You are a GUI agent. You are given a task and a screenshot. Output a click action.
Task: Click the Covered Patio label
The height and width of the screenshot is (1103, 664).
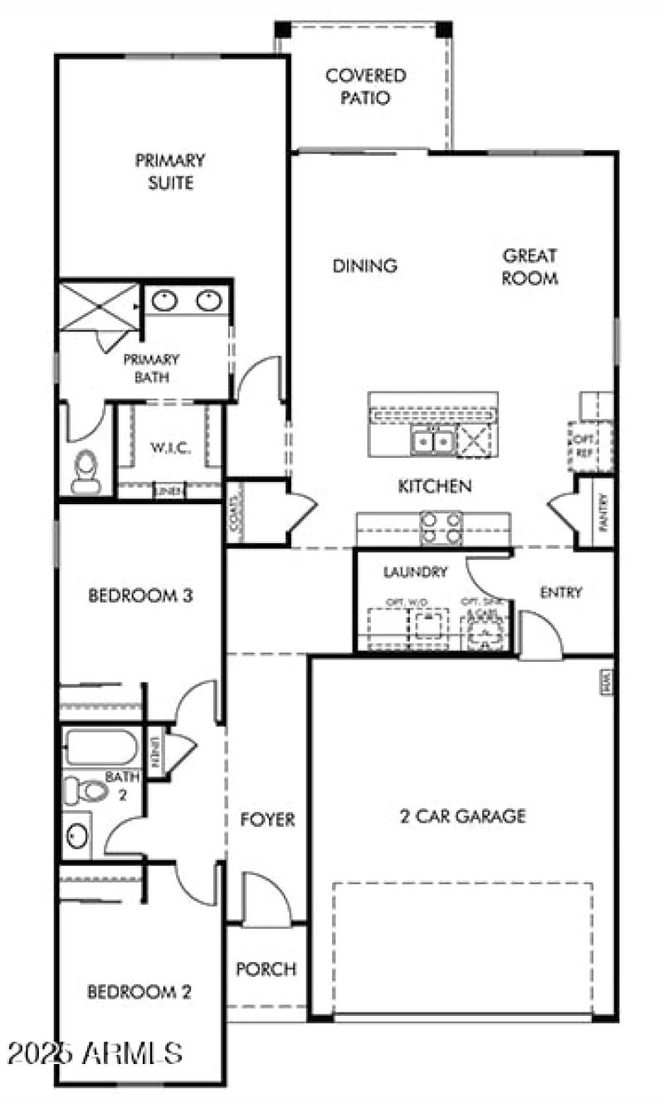365,86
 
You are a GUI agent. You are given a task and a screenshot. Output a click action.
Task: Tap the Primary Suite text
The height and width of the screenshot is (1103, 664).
170,171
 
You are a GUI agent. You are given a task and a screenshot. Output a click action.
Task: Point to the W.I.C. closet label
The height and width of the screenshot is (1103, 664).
171,449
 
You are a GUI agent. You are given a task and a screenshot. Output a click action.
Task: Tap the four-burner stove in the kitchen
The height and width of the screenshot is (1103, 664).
441,527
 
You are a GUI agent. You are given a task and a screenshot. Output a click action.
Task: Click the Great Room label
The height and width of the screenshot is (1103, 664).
529,266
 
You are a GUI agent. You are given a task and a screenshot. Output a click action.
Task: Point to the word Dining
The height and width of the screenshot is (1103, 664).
365,265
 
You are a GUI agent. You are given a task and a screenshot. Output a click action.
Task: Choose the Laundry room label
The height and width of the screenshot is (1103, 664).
416,571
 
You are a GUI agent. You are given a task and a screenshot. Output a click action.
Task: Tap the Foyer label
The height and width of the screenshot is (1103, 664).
267,819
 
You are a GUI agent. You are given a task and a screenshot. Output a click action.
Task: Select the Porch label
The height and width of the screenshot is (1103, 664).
266,969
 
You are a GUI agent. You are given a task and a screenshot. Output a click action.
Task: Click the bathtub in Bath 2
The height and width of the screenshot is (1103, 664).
100,747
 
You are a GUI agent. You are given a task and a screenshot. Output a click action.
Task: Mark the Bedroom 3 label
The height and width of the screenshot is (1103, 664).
140,595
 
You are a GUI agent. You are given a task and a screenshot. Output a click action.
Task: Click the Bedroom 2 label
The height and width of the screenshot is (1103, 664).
140,991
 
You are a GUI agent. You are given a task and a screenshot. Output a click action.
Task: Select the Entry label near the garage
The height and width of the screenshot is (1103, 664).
561,592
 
